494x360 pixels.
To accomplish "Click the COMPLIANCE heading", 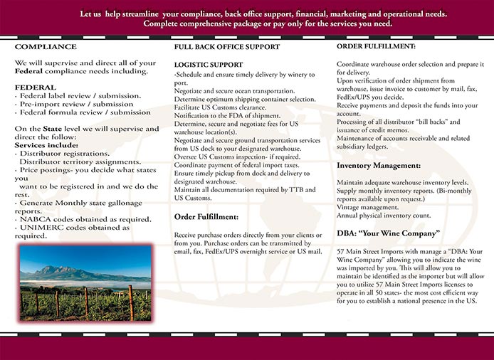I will click(x=46, y=46).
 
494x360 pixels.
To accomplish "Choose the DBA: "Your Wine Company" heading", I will click(x=389, y=233).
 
